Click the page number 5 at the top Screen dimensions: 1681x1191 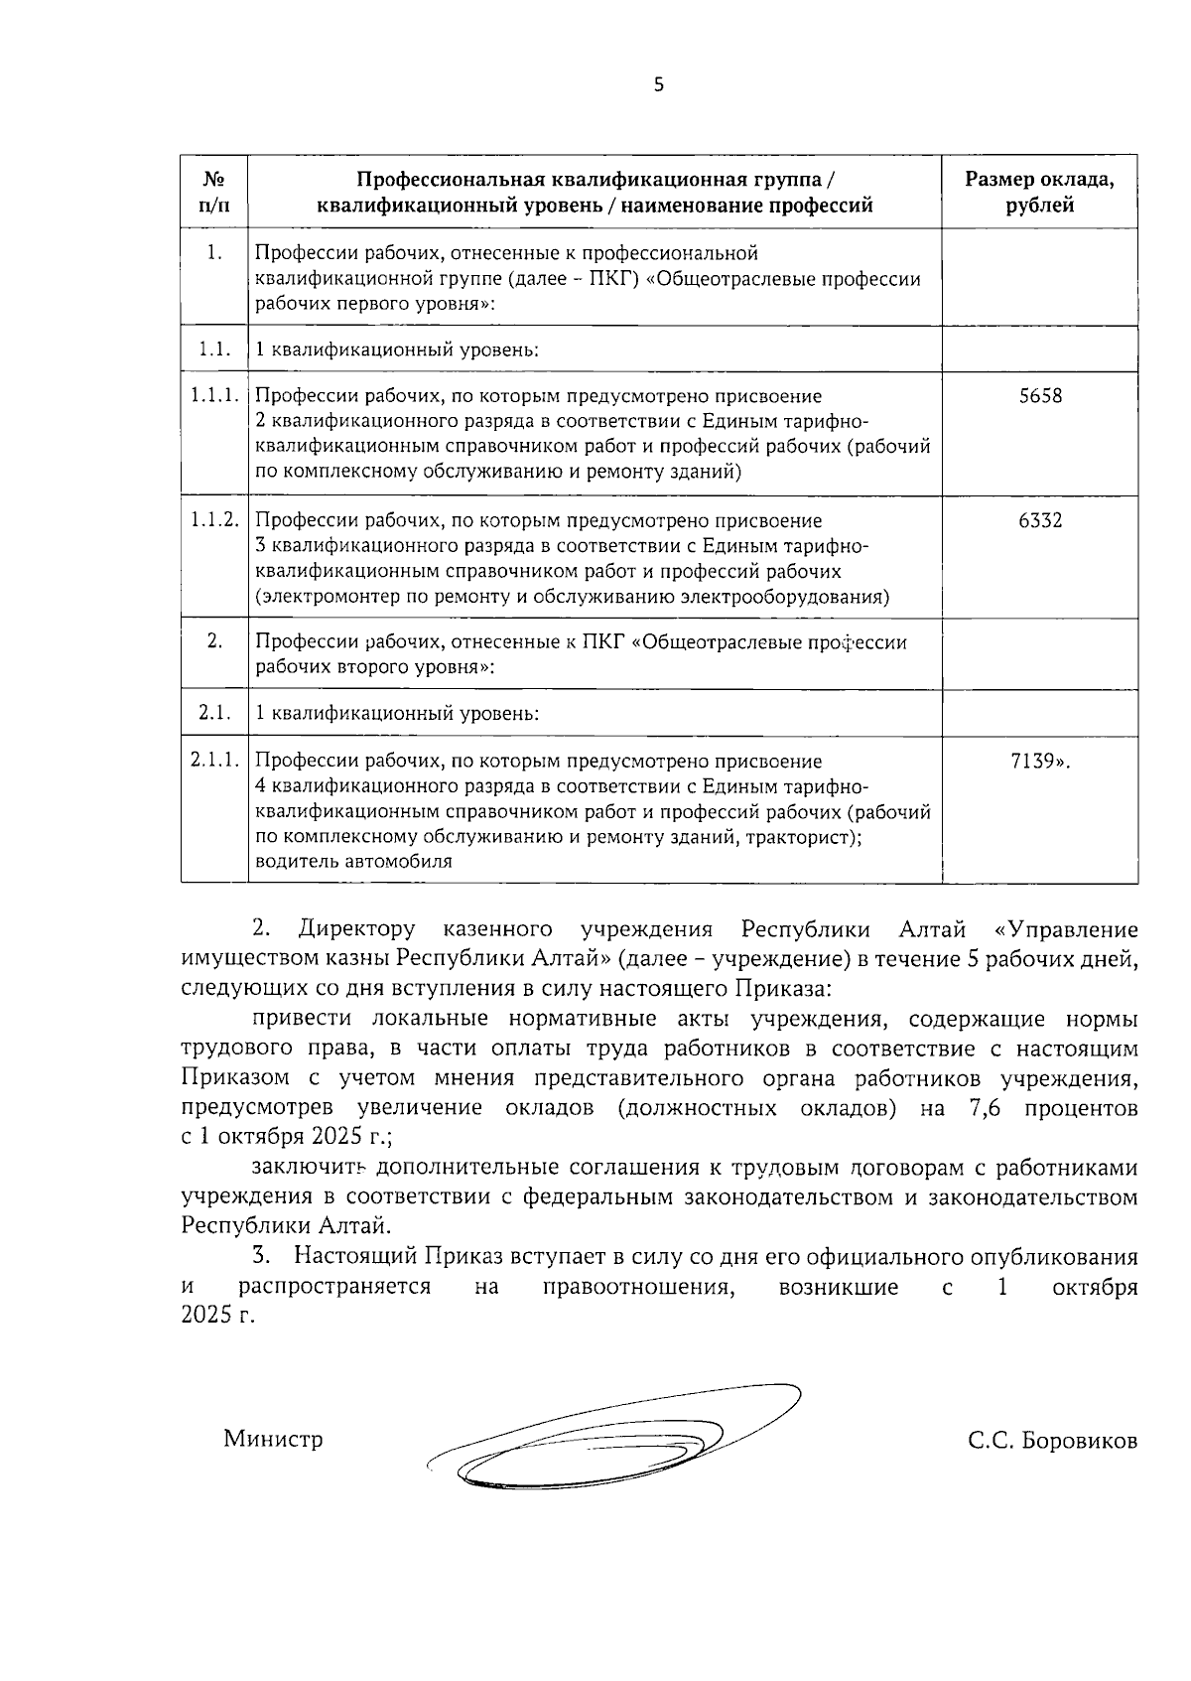(658, 86)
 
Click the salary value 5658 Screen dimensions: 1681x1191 (1039, 396)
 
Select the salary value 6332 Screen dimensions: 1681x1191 (1039, 520)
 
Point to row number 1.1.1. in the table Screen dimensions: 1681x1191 (214, 396)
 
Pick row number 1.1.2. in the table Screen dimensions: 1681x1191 (214, 520)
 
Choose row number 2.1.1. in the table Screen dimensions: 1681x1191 (214, 762)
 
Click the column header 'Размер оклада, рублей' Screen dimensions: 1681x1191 (1039, 193)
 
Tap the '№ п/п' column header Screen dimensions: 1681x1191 (213, 193)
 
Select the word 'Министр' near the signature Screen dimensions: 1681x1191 (273, 1439)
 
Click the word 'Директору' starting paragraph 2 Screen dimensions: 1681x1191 (356, 930)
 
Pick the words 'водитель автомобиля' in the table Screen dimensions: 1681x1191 (353, 861)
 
